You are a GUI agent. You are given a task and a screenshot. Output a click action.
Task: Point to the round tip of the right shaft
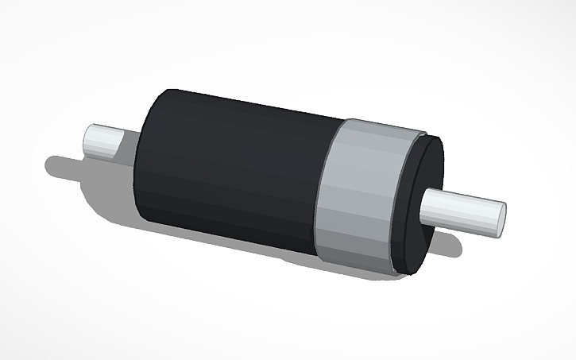(x=500, y=219)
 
